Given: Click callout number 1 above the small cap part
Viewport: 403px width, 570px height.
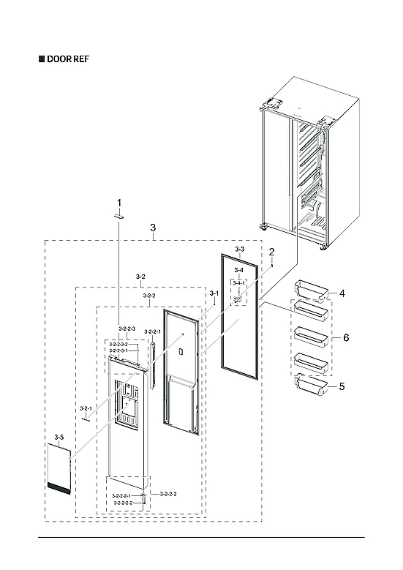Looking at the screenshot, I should [121, 202].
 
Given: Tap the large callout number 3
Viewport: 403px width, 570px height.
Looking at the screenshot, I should [152, 228].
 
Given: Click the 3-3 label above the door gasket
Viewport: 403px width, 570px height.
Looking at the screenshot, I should [239, 250].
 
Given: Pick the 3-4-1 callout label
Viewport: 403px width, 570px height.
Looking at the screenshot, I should [239, 283].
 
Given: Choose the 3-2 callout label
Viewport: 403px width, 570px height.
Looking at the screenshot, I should [140, 277].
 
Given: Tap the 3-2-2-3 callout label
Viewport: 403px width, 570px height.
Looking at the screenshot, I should [127, 331].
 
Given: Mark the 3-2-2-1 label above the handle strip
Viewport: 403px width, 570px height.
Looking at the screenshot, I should [153, 331].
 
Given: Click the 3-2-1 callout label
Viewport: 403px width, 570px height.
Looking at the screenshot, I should [86, 408].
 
